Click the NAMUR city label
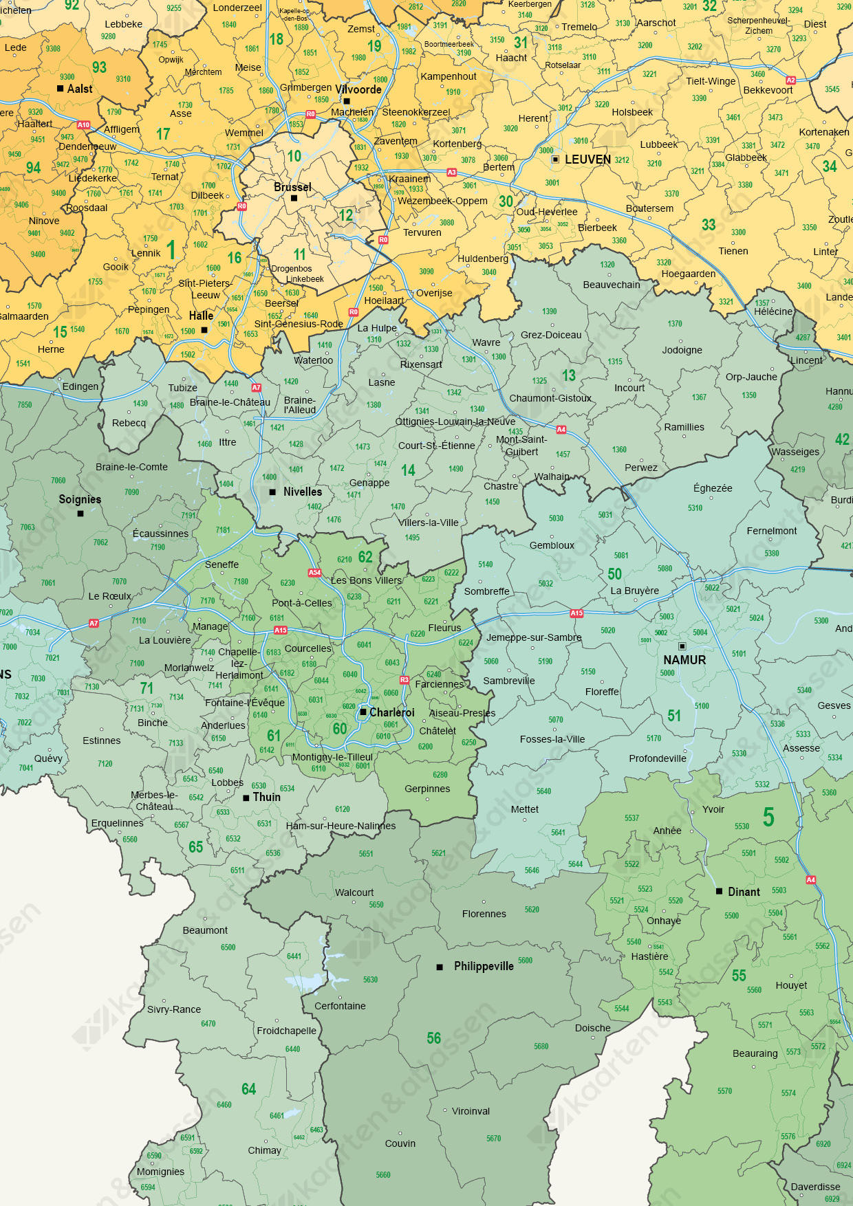(684, 660)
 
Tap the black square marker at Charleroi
(363, 712)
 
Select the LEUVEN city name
(587, 160)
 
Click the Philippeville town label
(484, 967)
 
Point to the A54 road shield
(314, 572)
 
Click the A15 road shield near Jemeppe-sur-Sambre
(576, 613)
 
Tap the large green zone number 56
(434, 1038)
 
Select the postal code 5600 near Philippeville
(525, 961)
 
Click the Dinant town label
(744, 892)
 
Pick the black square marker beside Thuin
(246, 798)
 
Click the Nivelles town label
(303, 492)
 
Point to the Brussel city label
(292, 187)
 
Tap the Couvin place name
(400, 1143)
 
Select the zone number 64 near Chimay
(249, 1089)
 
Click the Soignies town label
(80, 500)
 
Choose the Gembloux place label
(552, 545)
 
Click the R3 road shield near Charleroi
(404, 680)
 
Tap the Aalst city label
(80, 89)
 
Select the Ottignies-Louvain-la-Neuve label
(455, 421)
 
